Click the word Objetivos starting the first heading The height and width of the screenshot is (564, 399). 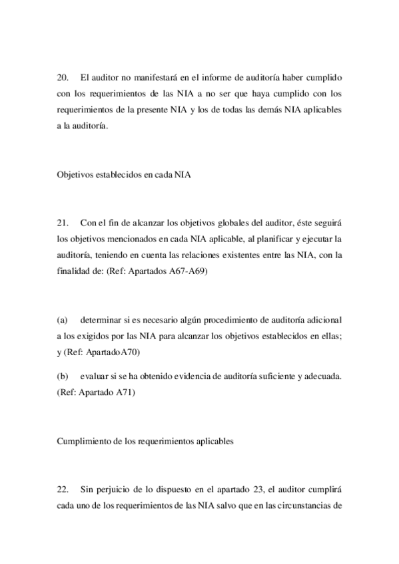tap(75, 176)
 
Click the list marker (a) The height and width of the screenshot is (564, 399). tap(63, 321)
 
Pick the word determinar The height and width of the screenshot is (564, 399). tap(105, 321)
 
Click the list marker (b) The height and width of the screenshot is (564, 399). tap(63, 377)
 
